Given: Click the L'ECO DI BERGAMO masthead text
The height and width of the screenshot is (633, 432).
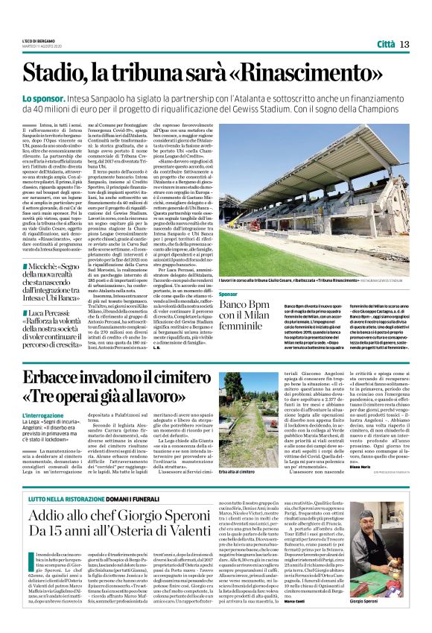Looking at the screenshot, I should pyautogui.click(x=38, y=40).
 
